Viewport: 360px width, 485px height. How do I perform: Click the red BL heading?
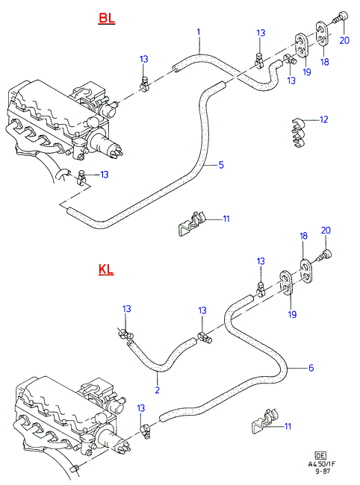107,19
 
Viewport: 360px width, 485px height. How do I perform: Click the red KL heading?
106,269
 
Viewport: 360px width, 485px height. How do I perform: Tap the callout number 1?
199,32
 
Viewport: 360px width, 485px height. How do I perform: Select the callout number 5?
221,165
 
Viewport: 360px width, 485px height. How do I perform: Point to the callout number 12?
323,119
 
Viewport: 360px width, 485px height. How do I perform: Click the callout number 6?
311,368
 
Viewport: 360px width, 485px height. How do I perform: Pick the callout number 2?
158,389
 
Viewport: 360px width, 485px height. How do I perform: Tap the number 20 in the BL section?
344,40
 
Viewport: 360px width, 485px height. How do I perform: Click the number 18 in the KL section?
303,236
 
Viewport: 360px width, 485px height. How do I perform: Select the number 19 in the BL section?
307,72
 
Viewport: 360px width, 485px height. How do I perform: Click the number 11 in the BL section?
226,219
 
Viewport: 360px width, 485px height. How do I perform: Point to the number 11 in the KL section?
288,426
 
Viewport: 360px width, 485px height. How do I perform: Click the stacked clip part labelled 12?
299,132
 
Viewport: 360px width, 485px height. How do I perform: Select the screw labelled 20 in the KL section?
324,255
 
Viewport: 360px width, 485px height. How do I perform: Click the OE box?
320,456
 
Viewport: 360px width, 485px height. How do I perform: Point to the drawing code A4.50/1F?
322,464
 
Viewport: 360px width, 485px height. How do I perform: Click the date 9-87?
323,472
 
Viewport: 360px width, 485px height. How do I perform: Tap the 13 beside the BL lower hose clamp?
105,175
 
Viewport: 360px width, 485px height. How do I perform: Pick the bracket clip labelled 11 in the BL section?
192,223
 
